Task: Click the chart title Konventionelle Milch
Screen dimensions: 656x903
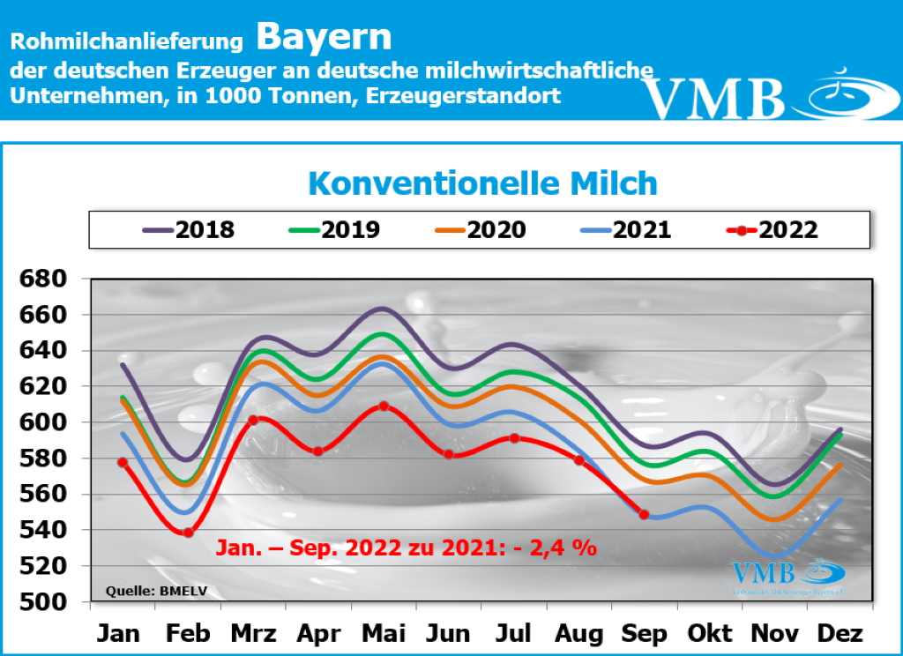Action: click(482, 183)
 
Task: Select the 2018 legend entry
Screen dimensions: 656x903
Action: click(189, 230)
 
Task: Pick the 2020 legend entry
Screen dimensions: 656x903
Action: click(481, 230)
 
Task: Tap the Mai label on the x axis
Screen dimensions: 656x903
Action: click(384, 633)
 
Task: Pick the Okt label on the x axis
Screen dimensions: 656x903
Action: click(711, 633)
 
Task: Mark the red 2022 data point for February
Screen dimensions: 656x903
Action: click(188, 533)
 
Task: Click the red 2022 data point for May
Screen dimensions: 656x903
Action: click(384, 406)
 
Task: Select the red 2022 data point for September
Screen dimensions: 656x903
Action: click(644, 514)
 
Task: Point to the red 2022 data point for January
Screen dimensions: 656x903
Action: click(123, 462)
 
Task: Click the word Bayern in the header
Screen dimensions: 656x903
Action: click(324, 38)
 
